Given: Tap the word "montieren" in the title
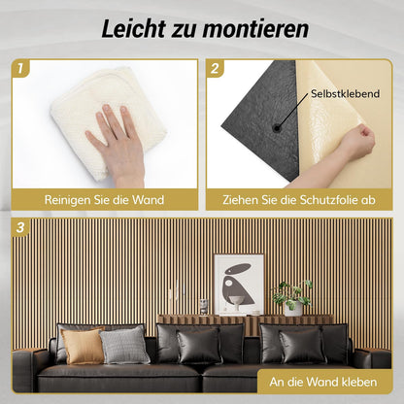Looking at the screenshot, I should pos(251,28).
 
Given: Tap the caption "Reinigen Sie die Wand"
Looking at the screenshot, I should pos(104,199).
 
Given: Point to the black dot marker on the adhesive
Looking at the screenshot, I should pos(278,126).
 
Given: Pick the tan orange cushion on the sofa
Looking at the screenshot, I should pos(82,345).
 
